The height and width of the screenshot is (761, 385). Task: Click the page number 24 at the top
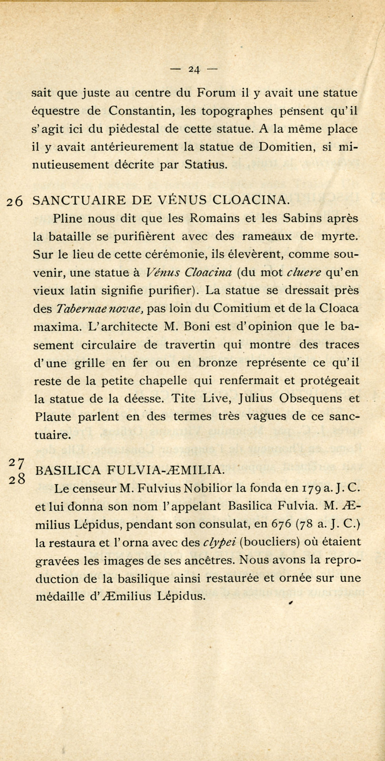(194, 69)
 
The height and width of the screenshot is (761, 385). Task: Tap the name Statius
(205, 165)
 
